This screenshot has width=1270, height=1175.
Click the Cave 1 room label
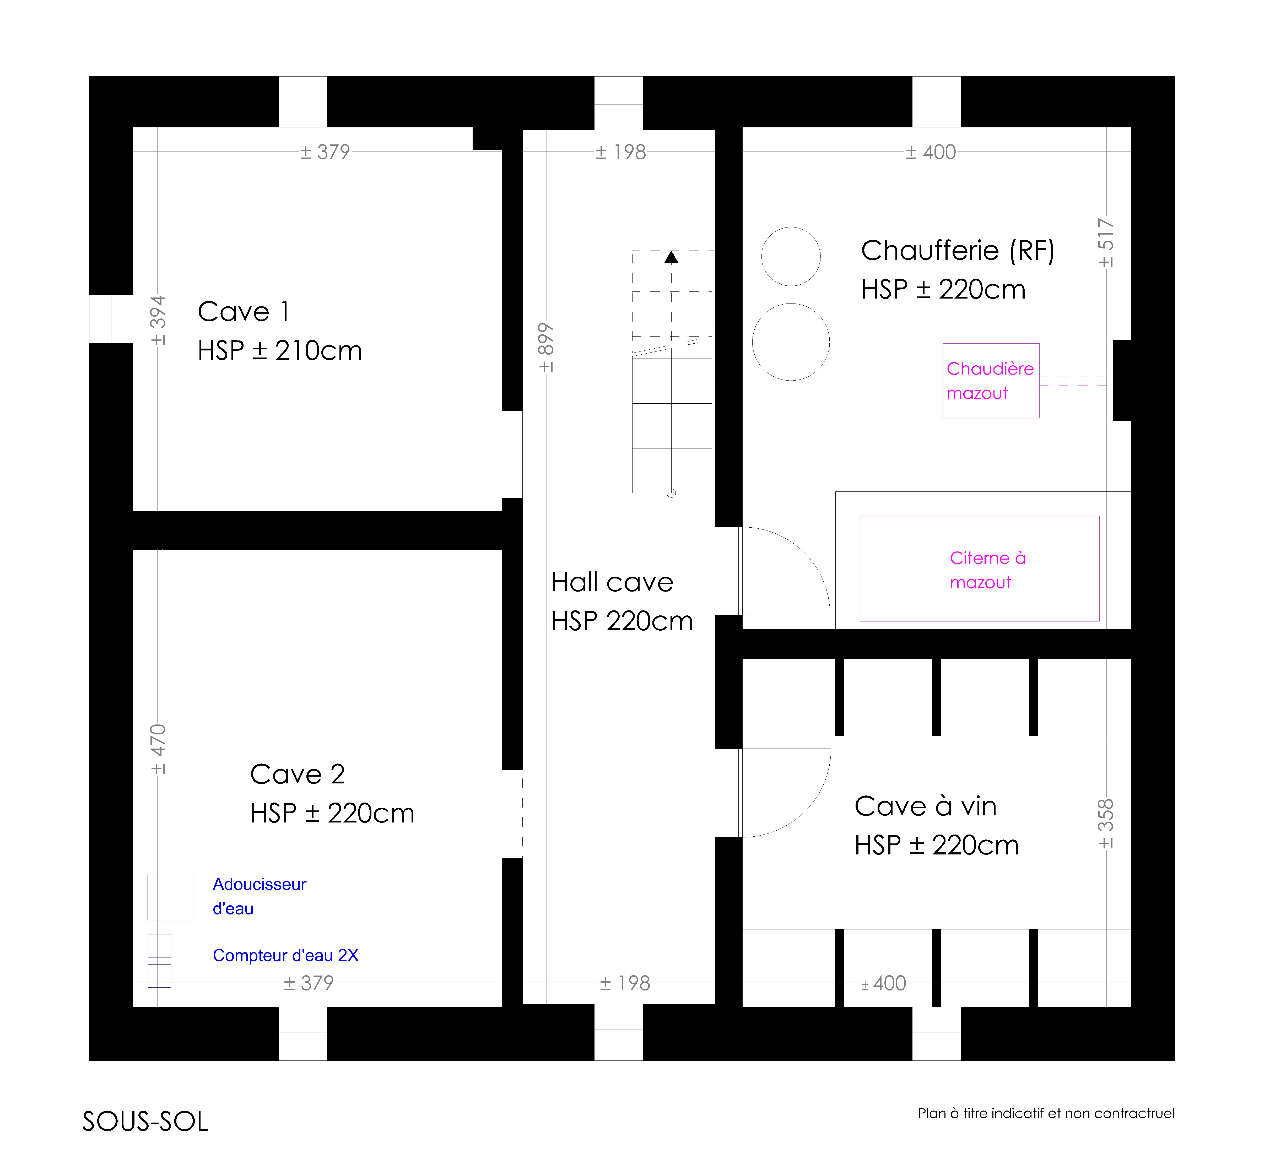tap(244, 312)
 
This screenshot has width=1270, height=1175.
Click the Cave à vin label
tap(925, 806)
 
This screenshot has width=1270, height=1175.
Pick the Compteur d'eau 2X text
tap(285, 955)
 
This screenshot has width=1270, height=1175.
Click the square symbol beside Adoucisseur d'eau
tap(170, 897)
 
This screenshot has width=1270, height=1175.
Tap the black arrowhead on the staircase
tap(672, 257)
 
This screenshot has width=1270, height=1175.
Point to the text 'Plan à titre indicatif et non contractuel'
tap(1046, 1113)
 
